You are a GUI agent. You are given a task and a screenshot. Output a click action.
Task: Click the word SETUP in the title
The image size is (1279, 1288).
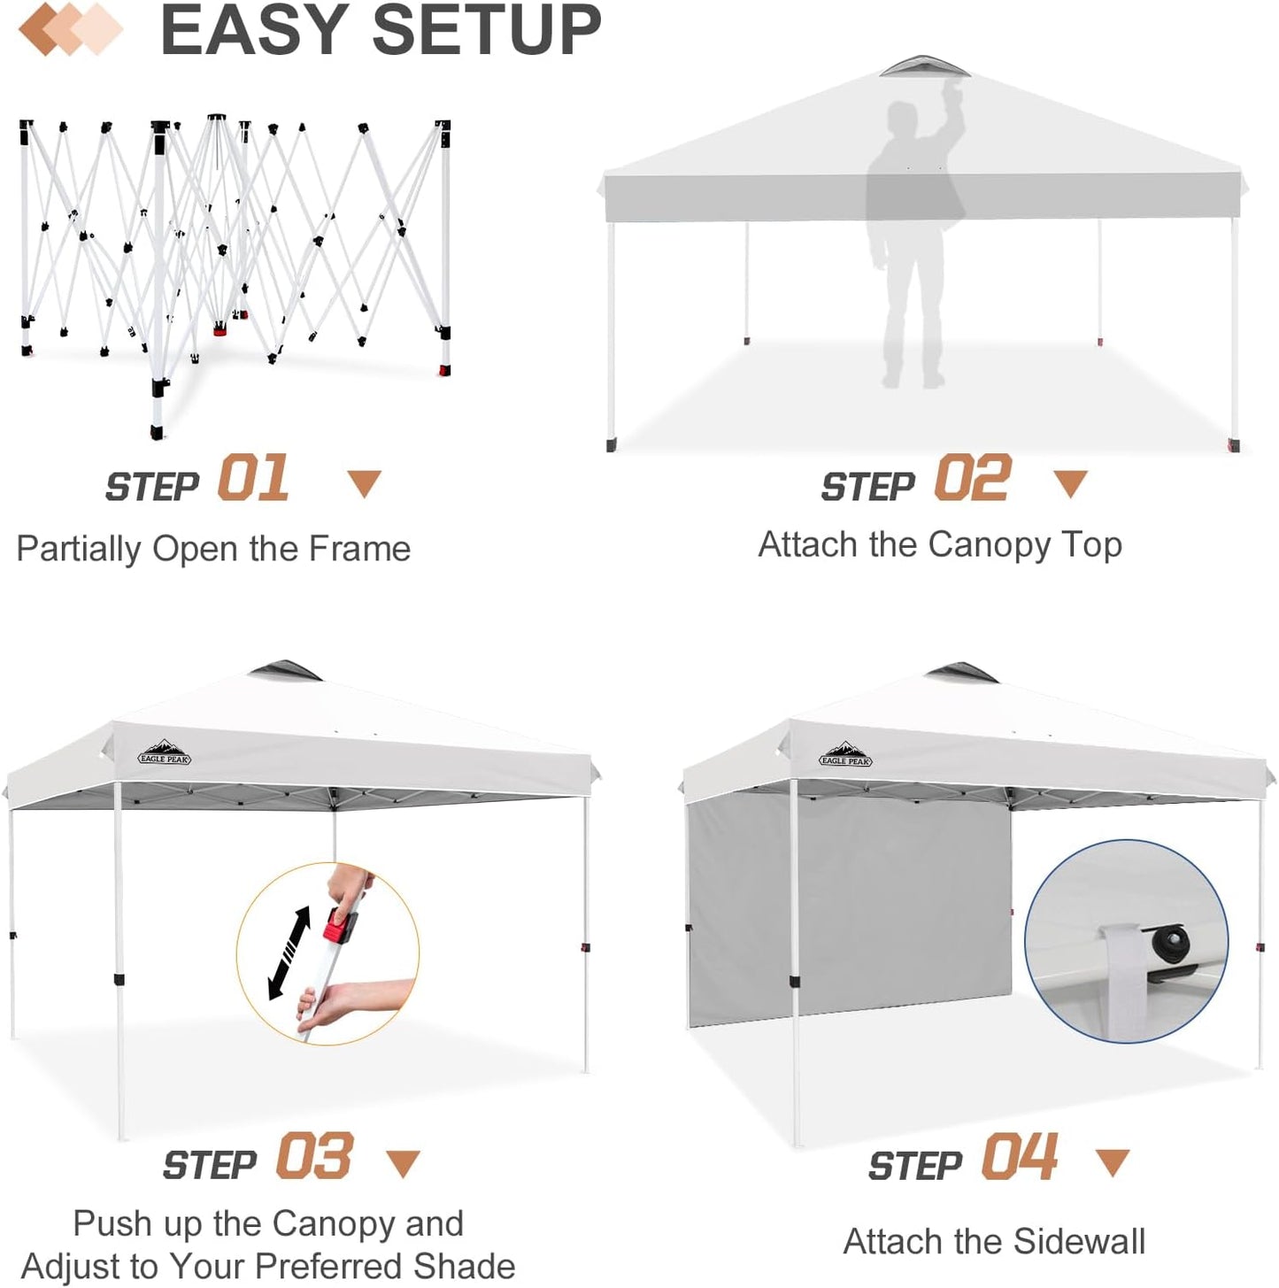click(x=486, y=30)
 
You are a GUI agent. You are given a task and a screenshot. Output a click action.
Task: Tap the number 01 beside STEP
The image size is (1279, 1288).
click(x=253, y=479)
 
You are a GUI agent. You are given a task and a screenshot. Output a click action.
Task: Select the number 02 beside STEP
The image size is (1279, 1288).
click(x=972, y=479)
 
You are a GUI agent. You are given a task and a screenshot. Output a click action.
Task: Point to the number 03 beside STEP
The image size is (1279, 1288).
click(x=313, y=1157)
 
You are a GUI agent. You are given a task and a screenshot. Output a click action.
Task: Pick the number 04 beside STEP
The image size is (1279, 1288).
click(x=1019, y=1157)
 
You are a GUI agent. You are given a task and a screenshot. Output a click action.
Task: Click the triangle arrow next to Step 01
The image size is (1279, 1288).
click(x=364, y=483)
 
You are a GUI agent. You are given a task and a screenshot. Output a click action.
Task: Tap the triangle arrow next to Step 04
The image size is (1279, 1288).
click(x=1112, y=1162)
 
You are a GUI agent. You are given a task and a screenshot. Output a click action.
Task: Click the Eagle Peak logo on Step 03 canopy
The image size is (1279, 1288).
click(x=165, y=754)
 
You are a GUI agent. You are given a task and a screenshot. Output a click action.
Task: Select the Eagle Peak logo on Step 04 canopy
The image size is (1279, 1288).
click(x=845, y=756)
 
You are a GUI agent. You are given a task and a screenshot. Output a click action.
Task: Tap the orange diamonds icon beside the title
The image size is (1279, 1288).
click(x=70, y=28)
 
